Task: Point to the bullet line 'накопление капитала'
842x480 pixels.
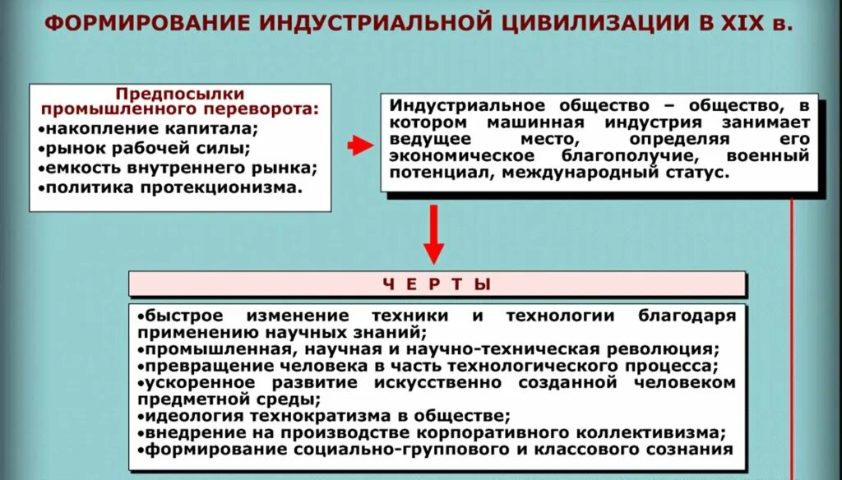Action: coord(151,129)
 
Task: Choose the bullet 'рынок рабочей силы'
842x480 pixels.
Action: coord(147,149)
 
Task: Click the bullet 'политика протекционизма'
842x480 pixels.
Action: coord(173,188)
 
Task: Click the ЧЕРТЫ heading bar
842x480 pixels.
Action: coord(437,284)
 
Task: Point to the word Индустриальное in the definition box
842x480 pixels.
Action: coord(456,106)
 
